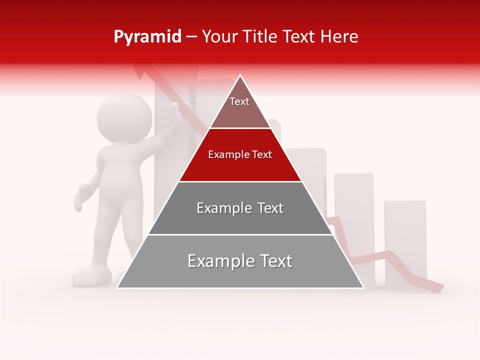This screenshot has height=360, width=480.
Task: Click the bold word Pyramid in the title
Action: pos(147,37)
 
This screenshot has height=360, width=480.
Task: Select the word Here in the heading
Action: pos(339,37)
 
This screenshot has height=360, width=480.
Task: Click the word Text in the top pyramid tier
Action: pos(239,101)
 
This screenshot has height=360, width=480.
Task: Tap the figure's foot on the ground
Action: pos(91,276)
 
